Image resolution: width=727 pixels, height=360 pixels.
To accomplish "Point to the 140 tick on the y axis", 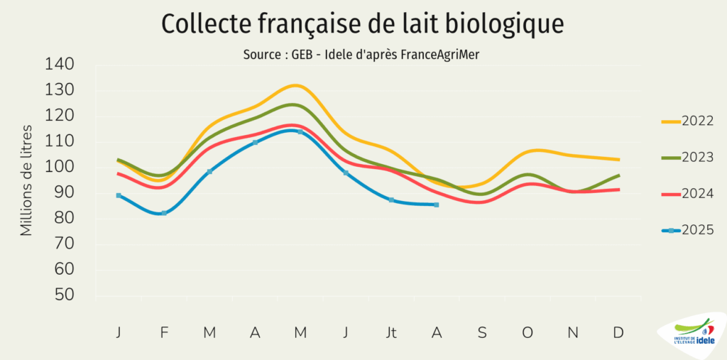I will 60,65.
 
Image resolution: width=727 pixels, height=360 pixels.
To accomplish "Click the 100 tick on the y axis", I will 60,167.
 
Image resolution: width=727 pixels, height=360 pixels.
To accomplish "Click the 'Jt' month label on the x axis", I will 391,332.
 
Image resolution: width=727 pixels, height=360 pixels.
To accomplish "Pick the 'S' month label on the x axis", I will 482,332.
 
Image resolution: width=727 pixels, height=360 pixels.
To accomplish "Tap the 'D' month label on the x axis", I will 618,332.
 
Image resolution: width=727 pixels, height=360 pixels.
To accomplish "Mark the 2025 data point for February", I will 164,213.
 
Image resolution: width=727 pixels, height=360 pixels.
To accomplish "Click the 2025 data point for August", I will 436,204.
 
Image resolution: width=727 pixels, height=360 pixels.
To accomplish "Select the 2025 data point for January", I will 119,195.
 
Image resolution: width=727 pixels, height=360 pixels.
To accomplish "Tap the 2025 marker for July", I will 391,200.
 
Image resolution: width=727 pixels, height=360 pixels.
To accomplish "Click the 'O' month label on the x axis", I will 528,332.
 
